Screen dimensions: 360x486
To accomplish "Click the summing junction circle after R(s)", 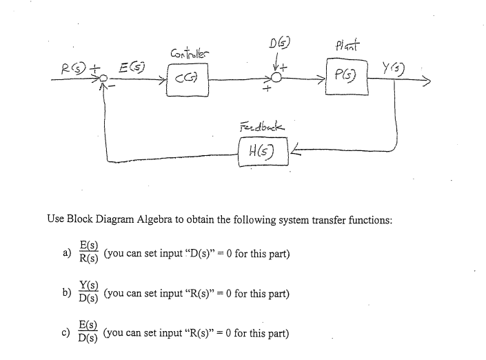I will (x=103, y=81).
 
